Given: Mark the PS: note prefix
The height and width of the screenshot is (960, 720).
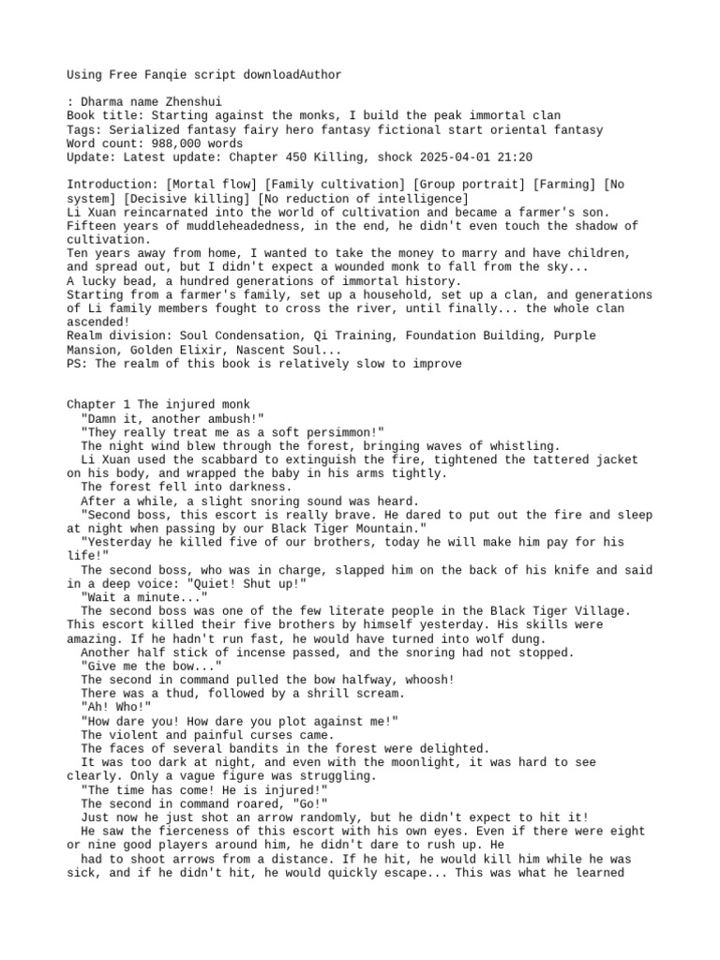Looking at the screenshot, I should pos(78,363).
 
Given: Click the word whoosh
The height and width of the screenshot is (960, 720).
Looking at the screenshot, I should pos(428,680).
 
